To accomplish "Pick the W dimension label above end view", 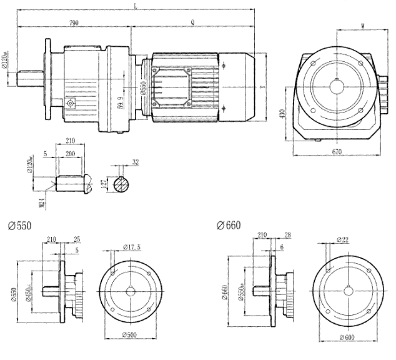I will pos(364,25).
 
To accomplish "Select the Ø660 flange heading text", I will pos(229,224).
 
